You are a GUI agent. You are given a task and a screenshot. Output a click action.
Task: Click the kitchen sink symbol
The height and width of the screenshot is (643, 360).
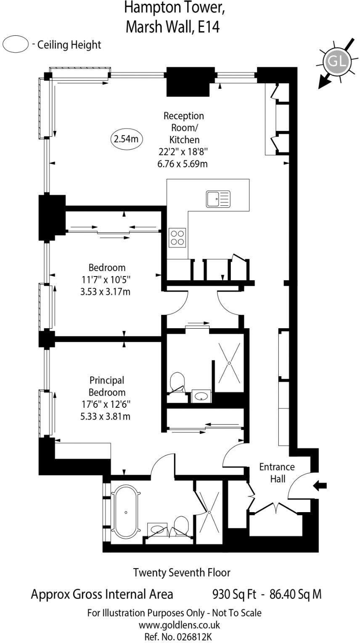pos(218,199)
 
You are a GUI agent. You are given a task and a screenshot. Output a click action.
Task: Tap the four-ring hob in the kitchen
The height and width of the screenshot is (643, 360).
pos(177,238)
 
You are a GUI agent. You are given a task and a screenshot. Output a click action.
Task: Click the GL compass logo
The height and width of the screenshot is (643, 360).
pos(336,61)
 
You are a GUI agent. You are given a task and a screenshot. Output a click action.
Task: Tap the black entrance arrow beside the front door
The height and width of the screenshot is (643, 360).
pos(320,486)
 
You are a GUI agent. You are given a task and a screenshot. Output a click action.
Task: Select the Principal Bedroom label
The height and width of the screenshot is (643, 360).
pos(107,386)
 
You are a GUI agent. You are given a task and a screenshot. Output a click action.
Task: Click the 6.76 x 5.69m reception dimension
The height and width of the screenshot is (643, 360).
pos(183,164)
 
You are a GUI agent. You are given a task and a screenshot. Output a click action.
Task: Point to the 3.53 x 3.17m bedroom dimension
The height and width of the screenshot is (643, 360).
pos(105,292)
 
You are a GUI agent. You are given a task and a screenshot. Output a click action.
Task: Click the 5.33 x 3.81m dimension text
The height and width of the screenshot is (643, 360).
pos(105,417)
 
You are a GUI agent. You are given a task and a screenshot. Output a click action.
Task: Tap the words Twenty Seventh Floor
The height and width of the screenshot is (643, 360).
pos(182,572)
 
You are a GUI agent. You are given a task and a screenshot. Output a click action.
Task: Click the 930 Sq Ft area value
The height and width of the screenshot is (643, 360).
pos(234,594)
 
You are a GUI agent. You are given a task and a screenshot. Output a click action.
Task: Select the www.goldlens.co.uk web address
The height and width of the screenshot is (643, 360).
pos(180,624)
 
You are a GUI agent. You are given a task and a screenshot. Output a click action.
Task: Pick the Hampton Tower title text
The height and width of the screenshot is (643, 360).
pos(174,8)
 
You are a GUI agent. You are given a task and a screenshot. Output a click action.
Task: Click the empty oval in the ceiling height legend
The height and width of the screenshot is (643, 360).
pos(16,44)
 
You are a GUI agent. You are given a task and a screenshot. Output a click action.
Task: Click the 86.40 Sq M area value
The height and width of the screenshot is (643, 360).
pos(296,594)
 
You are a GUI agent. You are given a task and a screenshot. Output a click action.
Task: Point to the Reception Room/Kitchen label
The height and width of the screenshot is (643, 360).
pos(184,128)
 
